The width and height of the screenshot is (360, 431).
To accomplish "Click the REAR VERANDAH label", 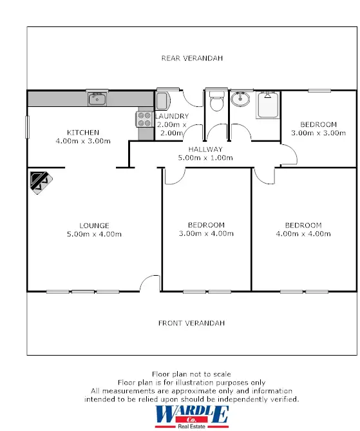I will click(191, 58).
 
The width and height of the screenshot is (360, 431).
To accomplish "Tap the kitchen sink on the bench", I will click(98, 99).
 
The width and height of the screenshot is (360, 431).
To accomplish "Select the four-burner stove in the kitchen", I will click(144, 119).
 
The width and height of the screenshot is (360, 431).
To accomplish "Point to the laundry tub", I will click(162, 101).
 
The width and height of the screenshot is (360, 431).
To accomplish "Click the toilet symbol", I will click(216, 101).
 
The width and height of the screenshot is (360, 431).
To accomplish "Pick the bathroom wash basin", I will click(242, 99).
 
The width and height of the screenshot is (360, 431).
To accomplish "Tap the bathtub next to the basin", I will click(268, 105).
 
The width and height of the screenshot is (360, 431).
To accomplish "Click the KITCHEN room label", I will click(82, 132).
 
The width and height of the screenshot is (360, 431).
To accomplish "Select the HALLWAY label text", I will click(205, 149).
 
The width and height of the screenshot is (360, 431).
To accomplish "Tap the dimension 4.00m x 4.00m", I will click(303, 234).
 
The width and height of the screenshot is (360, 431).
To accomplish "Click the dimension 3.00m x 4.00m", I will click(206, 234).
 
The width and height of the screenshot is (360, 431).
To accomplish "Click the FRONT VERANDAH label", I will click(191, 323).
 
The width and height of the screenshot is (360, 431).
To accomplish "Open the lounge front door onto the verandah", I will click(150, 283).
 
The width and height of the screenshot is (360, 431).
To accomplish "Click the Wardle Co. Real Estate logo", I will click(191, 416).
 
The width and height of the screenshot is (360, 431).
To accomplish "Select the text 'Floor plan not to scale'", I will click(191, 374).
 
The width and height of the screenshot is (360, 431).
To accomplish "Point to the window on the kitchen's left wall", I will click(27, 126).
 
